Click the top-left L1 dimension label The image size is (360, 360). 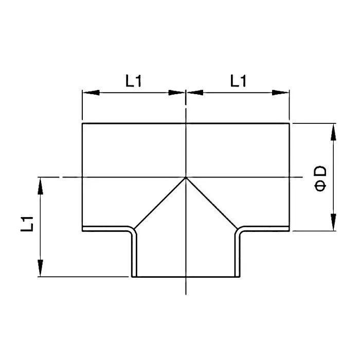click(x=133, y=81)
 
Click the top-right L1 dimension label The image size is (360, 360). click(x=238, y=81)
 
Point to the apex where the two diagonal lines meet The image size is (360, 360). click(x=186, y=177)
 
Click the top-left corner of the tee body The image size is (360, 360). click(x=82, y=123)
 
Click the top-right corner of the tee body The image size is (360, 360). click(x=289, y=123)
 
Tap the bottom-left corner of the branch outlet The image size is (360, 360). click(x=133, y=277)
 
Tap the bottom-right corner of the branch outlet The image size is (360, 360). click(x=239, y=277)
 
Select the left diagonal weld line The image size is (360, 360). click(x=159, y=203)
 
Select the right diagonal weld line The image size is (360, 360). click(x=212, y=203)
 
